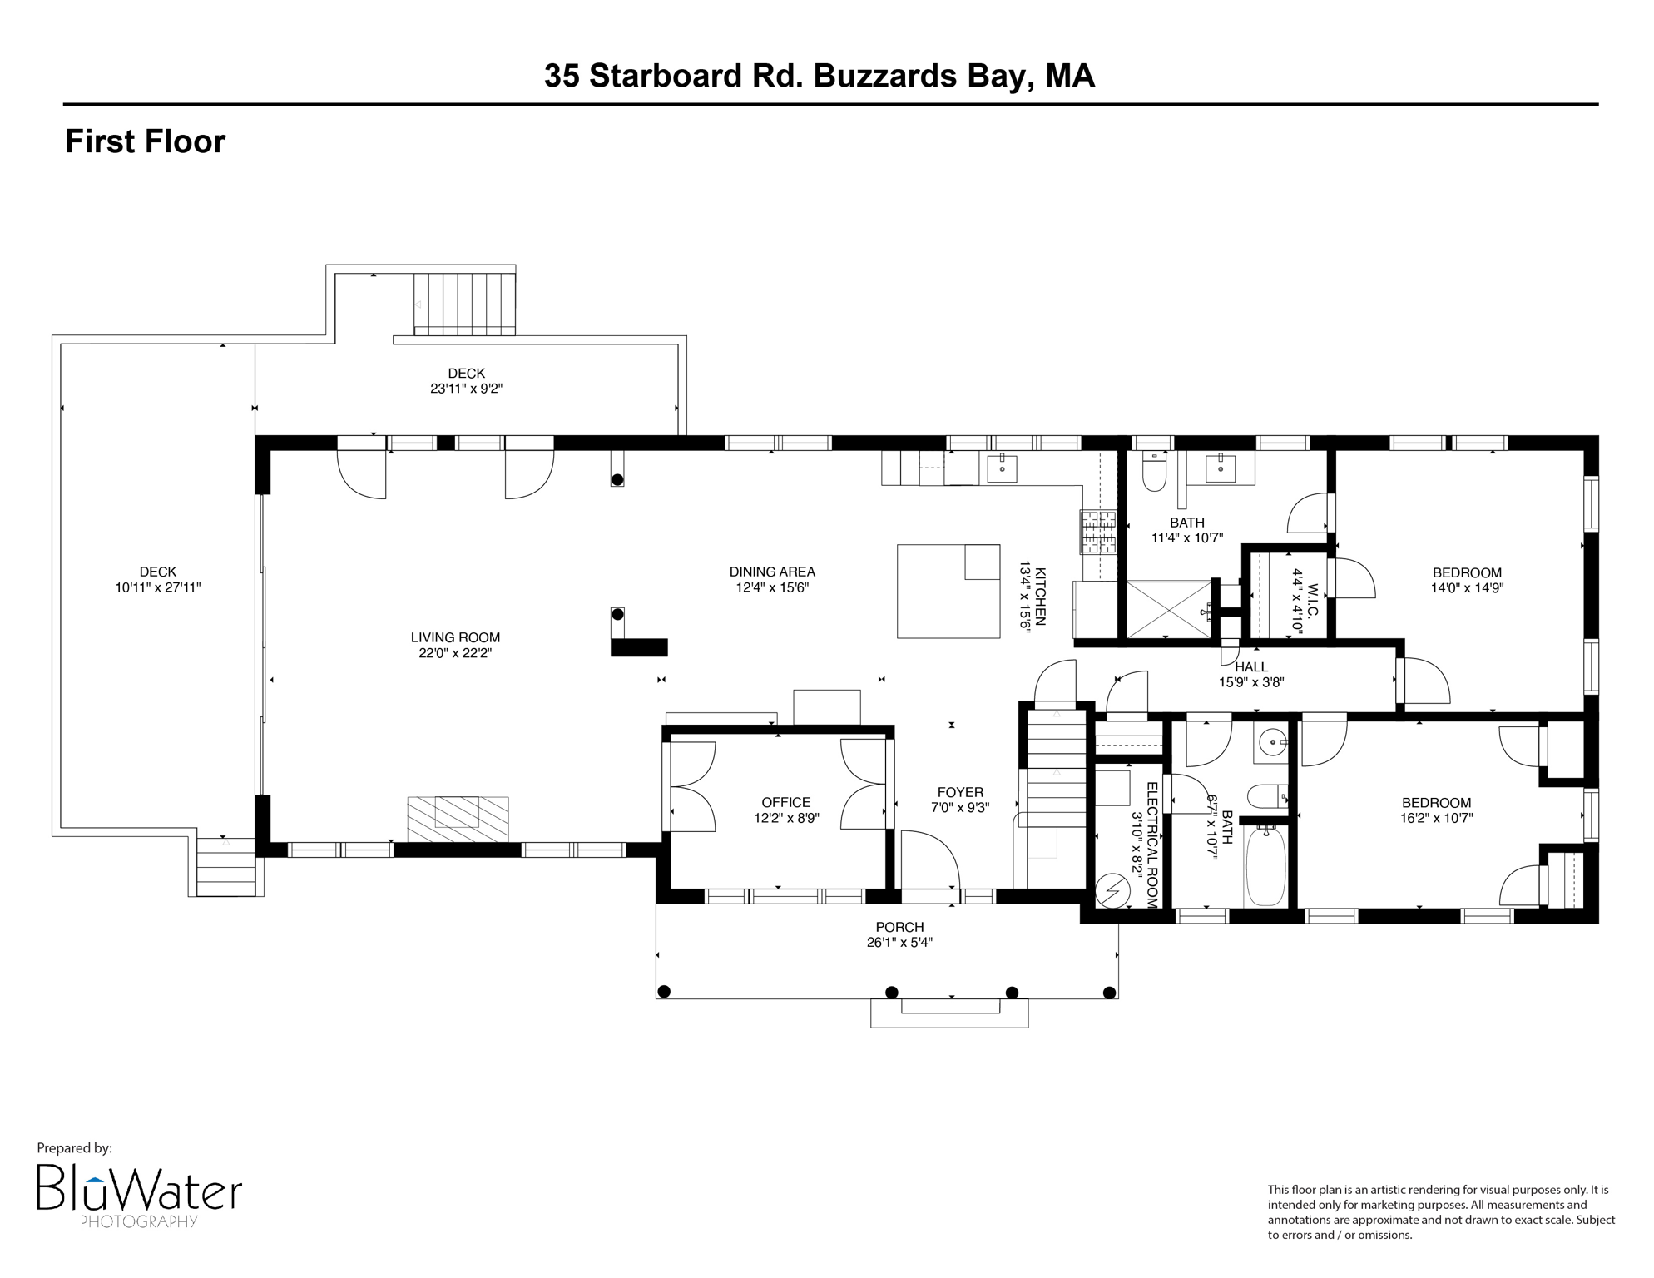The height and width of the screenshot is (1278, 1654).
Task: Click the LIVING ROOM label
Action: click(x=455, y=637)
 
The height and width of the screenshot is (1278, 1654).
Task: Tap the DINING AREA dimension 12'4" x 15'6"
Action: click(x=772, y=587)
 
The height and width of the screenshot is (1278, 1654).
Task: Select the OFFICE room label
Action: click(x=785, y=802)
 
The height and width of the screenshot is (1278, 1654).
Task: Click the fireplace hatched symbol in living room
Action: click(x=458, y=819)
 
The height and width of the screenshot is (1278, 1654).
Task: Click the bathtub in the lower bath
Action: click(x=1265, y=865)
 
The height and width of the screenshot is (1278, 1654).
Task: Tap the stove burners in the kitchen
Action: click(x=1098, y=532)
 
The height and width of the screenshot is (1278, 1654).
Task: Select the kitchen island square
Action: click(x=948, y=591)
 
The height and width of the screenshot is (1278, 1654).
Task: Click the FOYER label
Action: click(x=960, y=792)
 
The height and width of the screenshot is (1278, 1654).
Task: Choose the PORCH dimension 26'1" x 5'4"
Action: click(x=899, y=943)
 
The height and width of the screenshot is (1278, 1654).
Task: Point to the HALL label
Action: click(x=1251, y=667)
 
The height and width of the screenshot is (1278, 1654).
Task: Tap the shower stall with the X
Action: click(x=1169, y=609)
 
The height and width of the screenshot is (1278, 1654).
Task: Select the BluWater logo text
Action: click(x=139, y=1192)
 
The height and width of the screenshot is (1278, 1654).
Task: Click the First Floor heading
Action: click(x=146, y=141)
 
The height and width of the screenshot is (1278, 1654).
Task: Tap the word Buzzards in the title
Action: click(x=884, y=76)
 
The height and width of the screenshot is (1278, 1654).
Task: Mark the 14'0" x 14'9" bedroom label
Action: click(x=1467, y=587)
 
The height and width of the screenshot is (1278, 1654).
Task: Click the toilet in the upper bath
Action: click(x=1155, y=473)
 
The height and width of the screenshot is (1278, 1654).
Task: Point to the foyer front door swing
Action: click(x=932, y=861)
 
